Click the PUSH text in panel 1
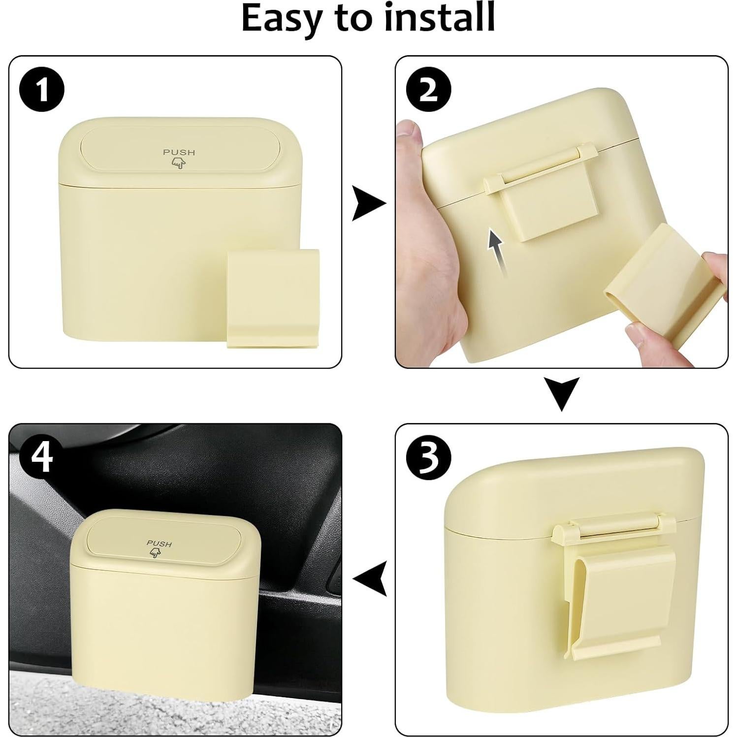coord(179,153)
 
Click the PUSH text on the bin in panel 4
coord(159,544)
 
